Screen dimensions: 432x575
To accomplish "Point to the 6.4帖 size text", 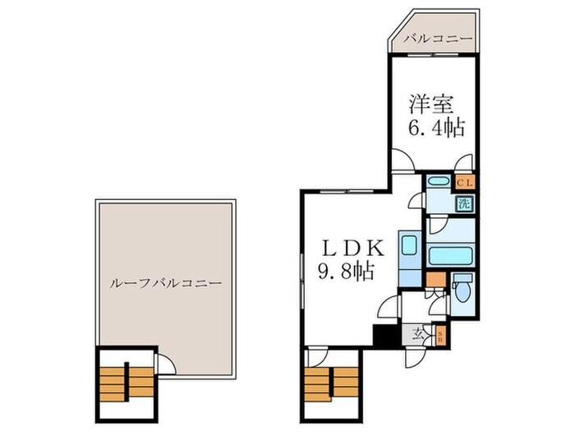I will coord(436,128).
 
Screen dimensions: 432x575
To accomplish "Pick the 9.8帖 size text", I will coord(346,271).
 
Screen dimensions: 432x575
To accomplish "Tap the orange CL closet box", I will coord(463,182).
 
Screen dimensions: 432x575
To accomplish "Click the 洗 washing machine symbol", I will coord(464,204).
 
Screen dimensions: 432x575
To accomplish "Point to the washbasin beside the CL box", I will coord(439,182).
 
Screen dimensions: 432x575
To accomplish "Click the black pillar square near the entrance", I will coord(383,336).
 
